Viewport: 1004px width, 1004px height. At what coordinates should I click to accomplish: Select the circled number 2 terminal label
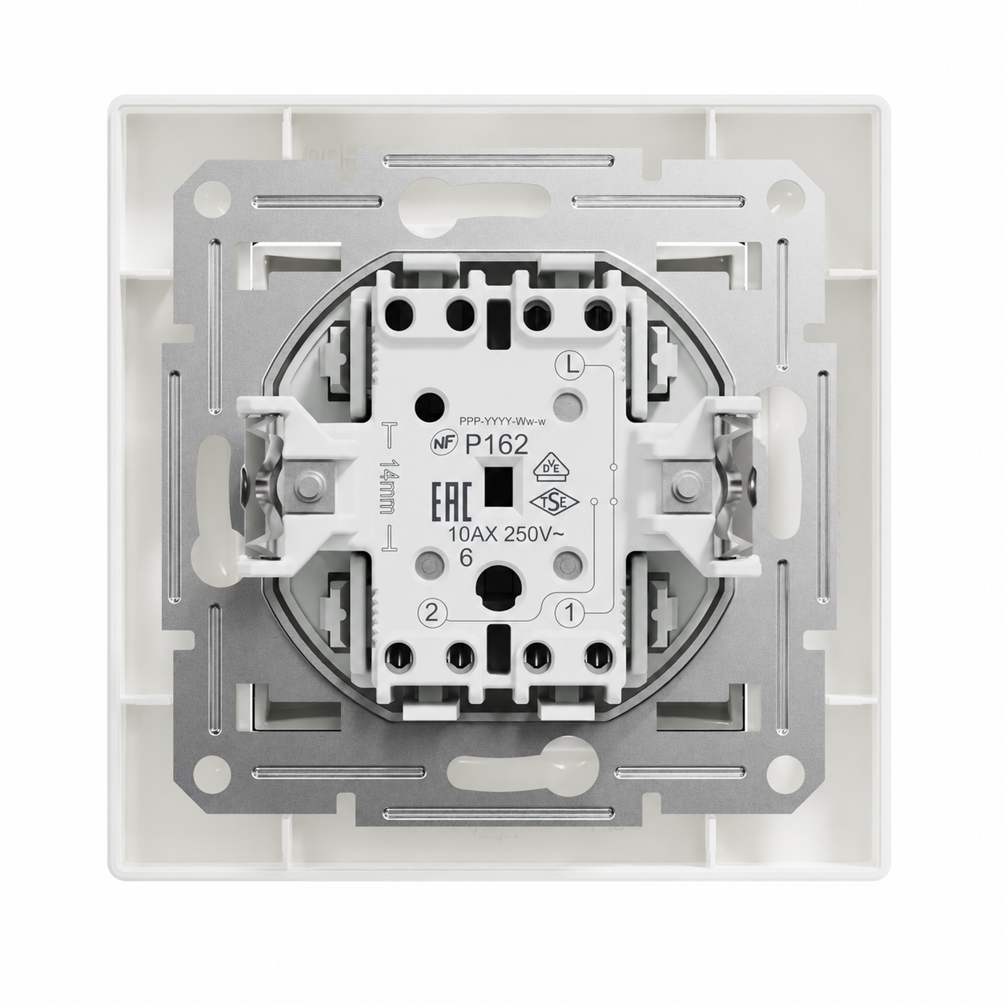pyautogui.click(x=432, y=613)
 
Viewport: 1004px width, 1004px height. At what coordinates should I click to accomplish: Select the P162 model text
pyautogui.click(x=496, y=445)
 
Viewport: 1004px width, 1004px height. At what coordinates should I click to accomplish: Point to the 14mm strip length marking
pyautogui.click(x=388, y=487)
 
